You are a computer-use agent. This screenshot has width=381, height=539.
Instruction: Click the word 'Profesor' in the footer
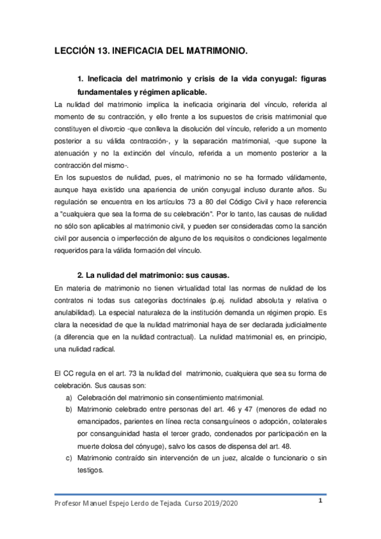[x=69, y=503]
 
